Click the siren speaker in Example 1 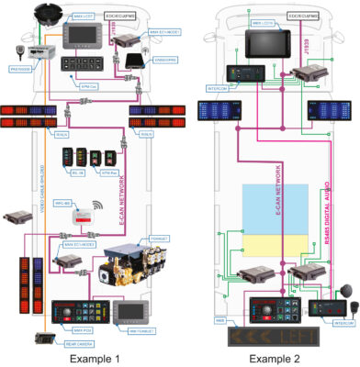tap(47, 16)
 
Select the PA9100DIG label tap(21, 67)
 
